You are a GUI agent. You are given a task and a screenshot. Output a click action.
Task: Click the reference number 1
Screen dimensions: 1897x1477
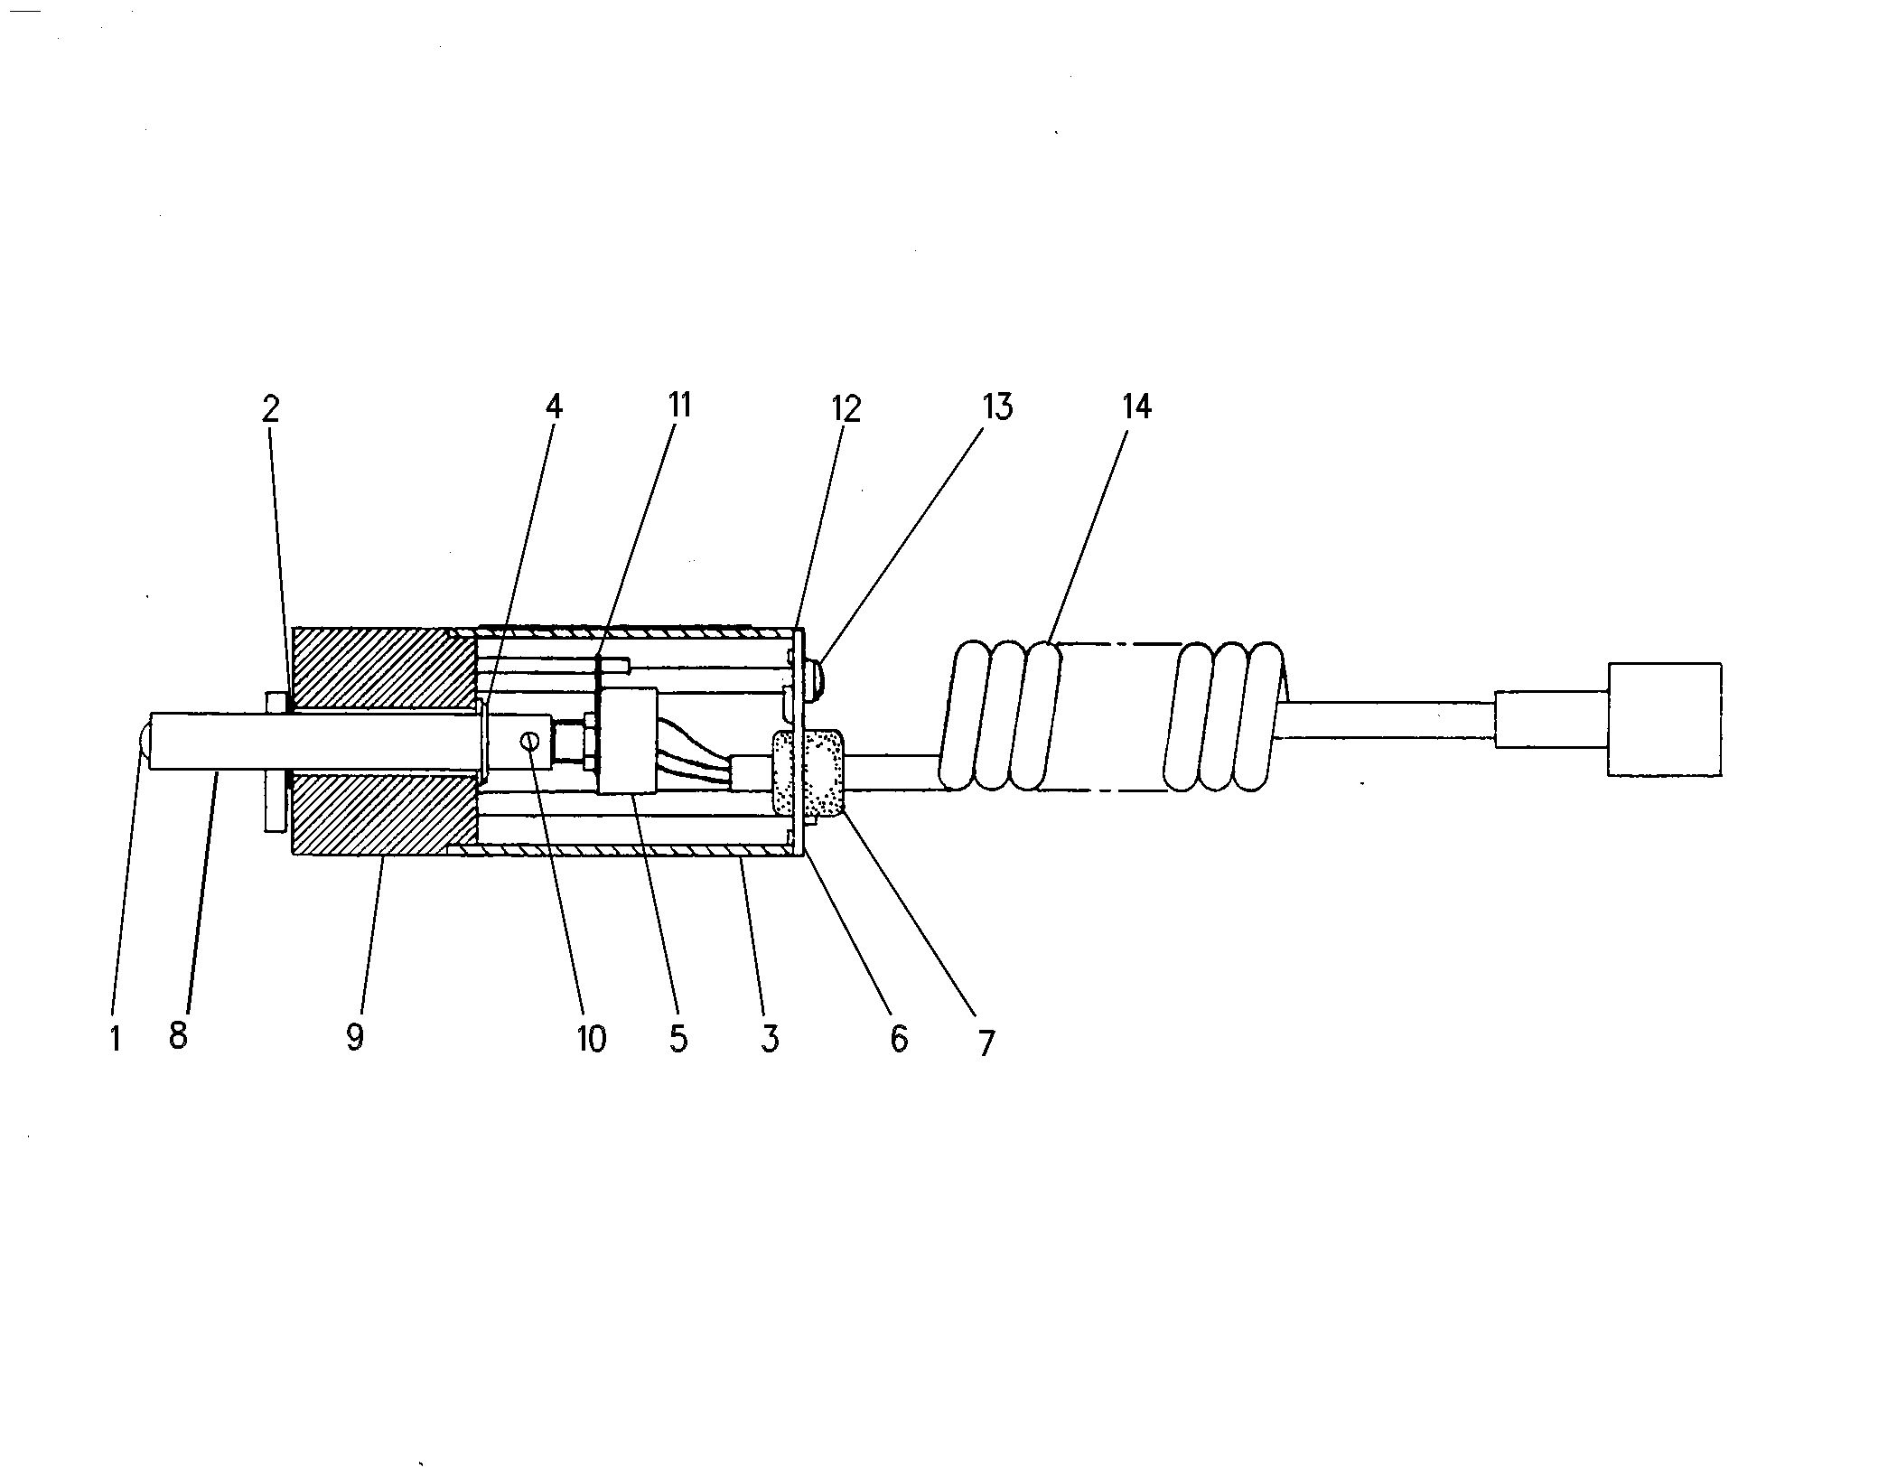[115, 1039]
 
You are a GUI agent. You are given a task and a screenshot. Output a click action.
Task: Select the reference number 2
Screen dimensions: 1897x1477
[270, 409]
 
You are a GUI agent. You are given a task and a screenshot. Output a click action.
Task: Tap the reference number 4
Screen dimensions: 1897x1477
[554, 407]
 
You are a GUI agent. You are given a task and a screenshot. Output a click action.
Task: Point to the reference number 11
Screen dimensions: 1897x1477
[679, 405]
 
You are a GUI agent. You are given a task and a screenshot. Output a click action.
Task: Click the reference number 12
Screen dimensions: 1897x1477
[846, 408]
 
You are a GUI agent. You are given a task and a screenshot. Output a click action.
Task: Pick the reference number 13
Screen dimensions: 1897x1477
[997, 407]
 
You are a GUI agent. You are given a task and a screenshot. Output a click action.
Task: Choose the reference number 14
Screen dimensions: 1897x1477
[1136, 407]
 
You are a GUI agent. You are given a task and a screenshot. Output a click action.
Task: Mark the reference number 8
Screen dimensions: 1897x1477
[178, 1036]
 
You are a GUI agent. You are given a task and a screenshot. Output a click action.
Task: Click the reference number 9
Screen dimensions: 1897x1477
[355, 1037]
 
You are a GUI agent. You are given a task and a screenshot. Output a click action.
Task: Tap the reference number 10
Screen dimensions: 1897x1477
[592, 1039]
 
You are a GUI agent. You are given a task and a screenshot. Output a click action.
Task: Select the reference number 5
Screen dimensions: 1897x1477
[678, 1039]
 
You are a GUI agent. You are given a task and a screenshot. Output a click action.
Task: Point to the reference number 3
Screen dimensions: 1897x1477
[769, 1039]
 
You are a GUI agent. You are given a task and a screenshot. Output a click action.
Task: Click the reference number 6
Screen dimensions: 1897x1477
[899, 1040]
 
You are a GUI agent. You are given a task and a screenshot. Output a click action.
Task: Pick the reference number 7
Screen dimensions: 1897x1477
[986, 1043]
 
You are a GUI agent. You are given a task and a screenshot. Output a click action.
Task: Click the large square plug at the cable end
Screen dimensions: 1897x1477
[1664, 719]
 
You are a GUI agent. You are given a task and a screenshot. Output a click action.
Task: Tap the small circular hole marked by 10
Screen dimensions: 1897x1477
[530, 741]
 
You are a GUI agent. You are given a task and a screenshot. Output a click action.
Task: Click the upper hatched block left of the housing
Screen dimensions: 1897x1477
[384, 668]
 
